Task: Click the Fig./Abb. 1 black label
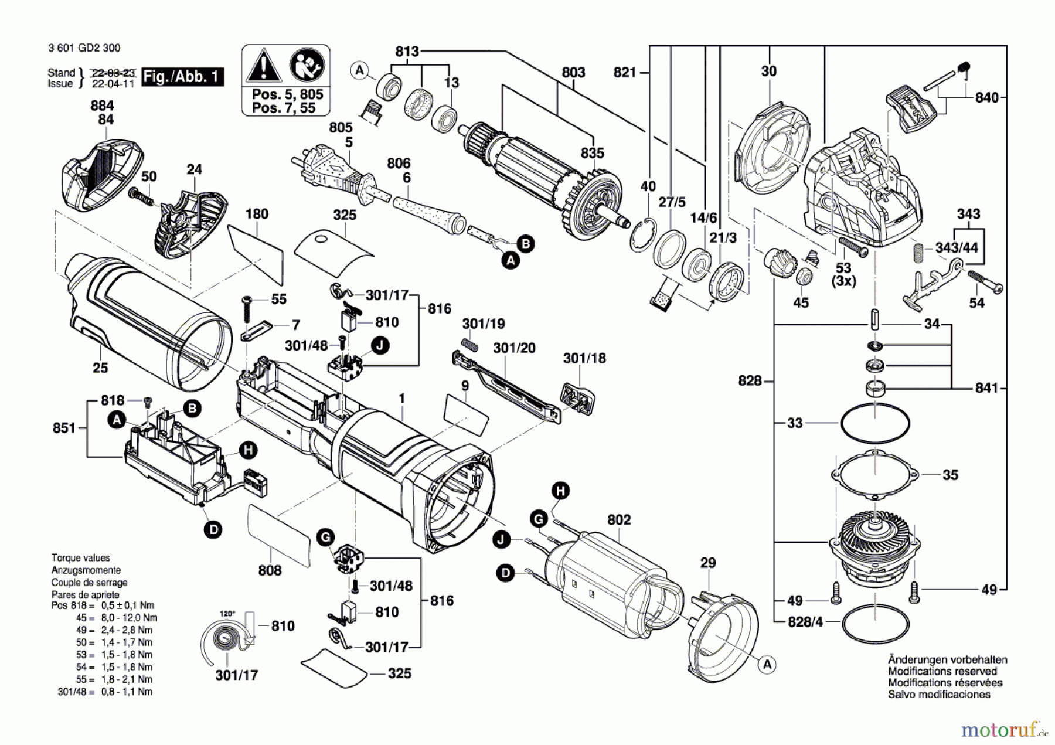click(x=183, y=77)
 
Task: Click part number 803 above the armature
click(x=573, y=72)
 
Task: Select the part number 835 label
click(x=592, y=153)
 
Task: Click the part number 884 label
click(x=102, y=106)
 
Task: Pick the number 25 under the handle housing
click(x=100, y=368)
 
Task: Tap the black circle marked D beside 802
click(x=505, y=573)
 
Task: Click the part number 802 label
click(x=619, y=520)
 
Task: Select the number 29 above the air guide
click(x=708, y=563)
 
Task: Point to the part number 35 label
click(x=950, y=475)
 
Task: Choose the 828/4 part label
click(x=805, y=622)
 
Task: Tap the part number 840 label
click(x=987, y=97)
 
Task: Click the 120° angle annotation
click(x=227, y=614)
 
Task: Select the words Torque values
click(x=80, y=558)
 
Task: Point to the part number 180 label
click(x=257, y=214)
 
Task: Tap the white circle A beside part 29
click(x=767, y=665)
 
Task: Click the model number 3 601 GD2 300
click(x=84, y=48)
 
